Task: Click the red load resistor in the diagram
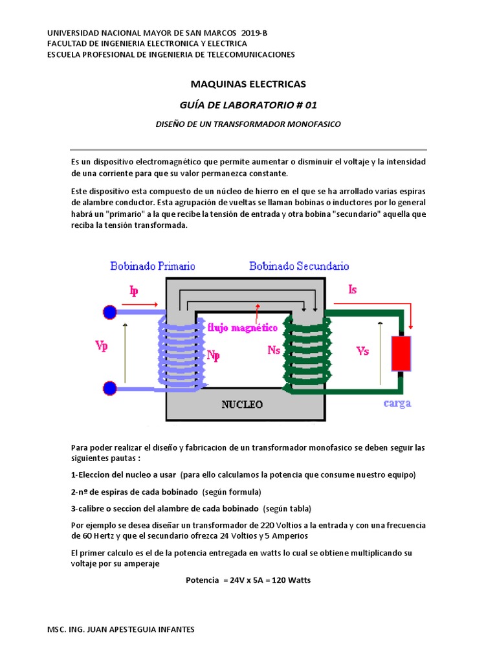pos(401,354)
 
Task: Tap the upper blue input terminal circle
pos(110,313)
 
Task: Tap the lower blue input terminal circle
pos(110,388)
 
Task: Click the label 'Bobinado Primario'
pos(153,266)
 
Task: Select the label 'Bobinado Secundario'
pos(300,266)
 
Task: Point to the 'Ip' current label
pos(134,291)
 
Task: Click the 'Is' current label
pos(352,289)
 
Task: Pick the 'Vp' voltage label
pos(101,346)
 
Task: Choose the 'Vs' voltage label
pos(363,350)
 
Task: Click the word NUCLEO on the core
pos(243,405)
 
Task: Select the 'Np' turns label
pos(214,355)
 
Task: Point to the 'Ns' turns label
pos(274,350)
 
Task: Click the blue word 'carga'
pos(397,403)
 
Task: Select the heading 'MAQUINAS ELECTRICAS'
pos(248,84)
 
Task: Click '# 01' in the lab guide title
pos(306,104)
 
